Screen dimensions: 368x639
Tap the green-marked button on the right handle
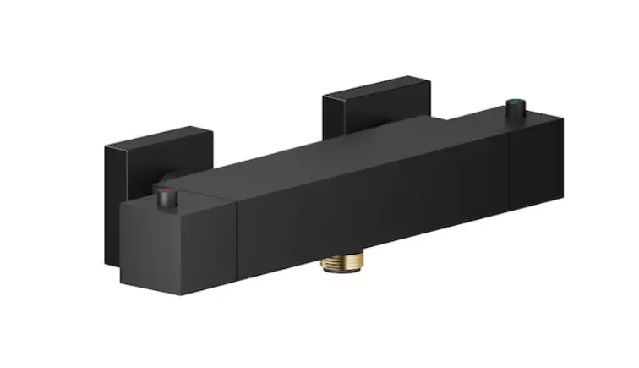[511, 107]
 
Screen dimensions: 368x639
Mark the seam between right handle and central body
[510, 169]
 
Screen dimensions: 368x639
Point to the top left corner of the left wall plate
[106, 148]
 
